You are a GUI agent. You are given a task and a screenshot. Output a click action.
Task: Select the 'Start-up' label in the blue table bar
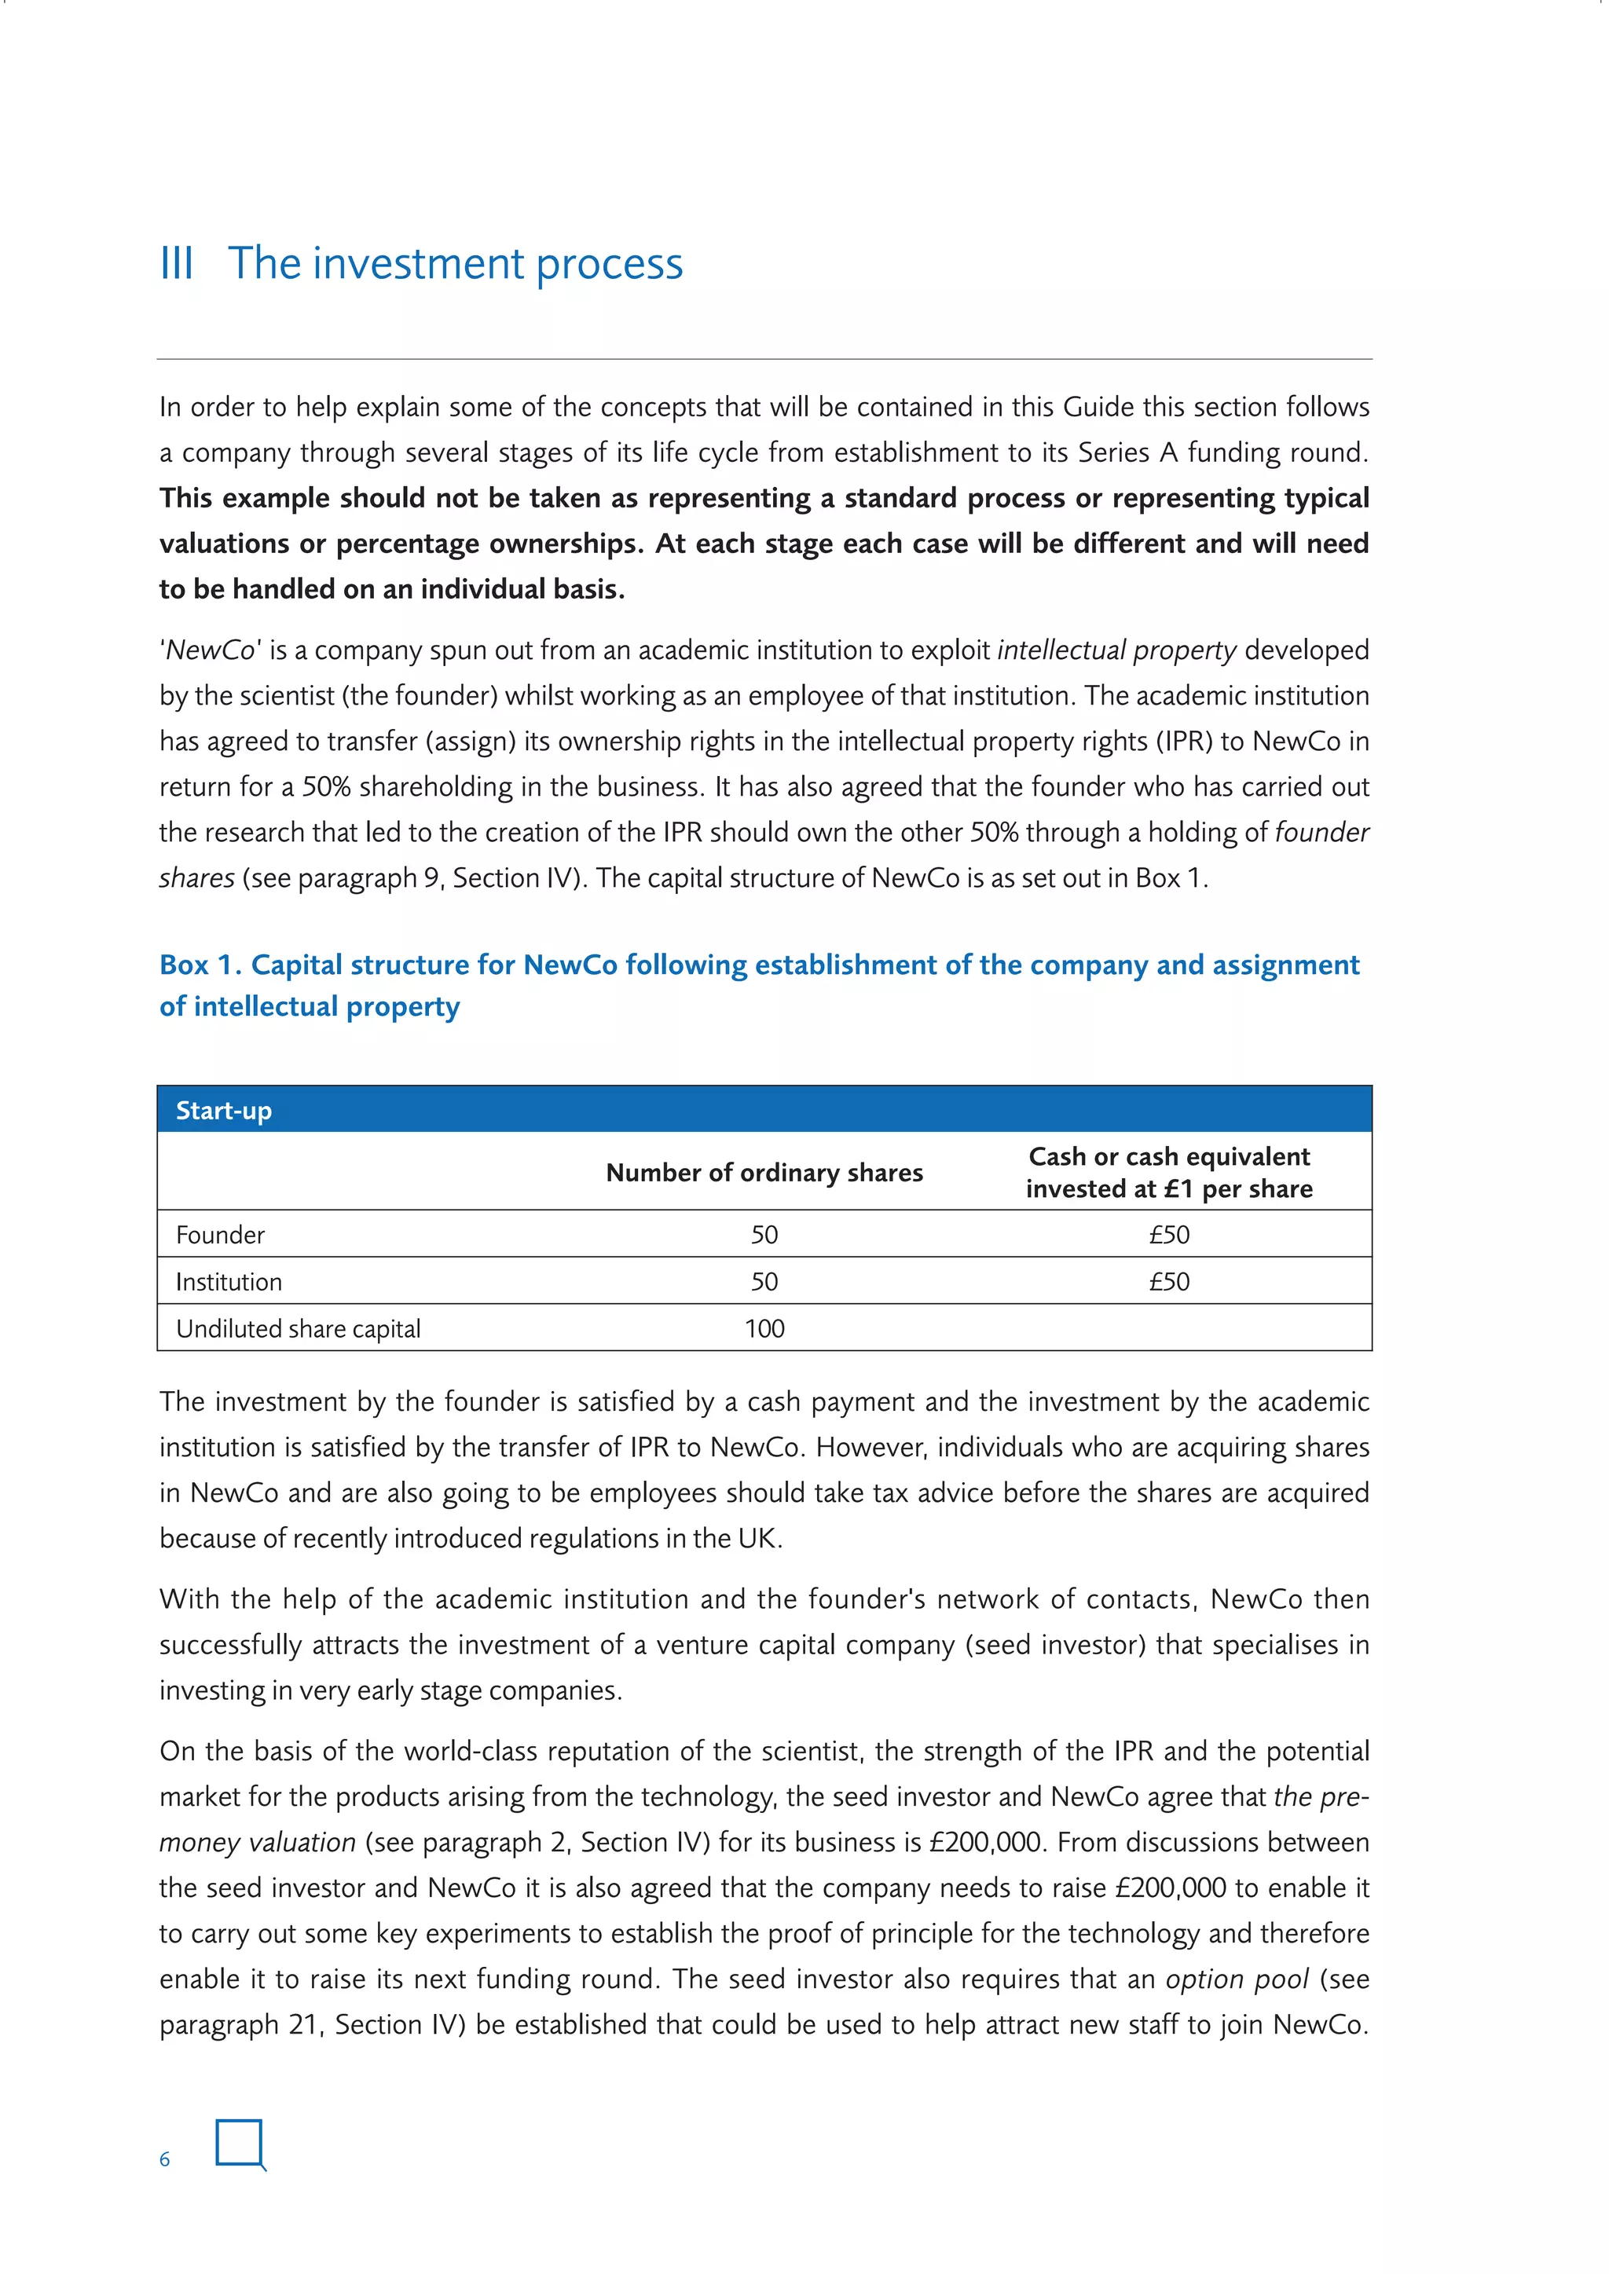pyautogui.click(x=223, y=1110)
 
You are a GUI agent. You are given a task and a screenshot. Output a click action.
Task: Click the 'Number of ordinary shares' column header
pyautogui.click(x=764, y=1173)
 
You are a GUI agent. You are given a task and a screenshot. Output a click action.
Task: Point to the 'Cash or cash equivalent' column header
pyautogui.click(x=1169, y=1157)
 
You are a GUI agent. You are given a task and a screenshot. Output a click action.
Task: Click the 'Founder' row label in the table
pyautogui.click(x=220, y=1235)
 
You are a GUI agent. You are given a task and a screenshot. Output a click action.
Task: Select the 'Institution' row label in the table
pyautogui.click(x=229, y=1282)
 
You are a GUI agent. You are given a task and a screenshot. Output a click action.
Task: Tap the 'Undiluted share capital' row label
pyautogui.click(x=299, y=1328)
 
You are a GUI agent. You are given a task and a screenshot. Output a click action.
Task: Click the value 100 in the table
pyautogui.click(x=764, y=1328)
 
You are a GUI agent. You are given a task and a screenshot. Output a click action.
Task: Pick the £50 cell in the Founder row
pyautogui.click(x=1169, y=1235)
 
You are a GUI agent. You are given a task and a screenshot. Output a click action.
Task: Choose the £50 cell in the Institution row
pyautogui.click(x=1169, y=1282)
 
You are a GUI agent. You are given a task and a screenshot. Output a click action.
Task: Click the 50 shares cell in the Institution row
pyautogui.click(x=764, y=1282)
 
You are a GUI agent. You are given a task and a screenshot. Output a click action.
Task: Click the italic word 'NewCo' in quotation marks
pyautogui.click(x=211, y=650)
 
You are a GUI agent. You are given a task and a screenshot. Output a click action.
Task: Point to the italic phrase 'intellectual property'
pyautogui.click(x=1116, y=650)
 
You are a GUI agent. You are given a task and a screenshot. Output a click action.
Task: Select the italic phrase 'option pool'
pyautogui.click(x=1237, y=1979)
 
